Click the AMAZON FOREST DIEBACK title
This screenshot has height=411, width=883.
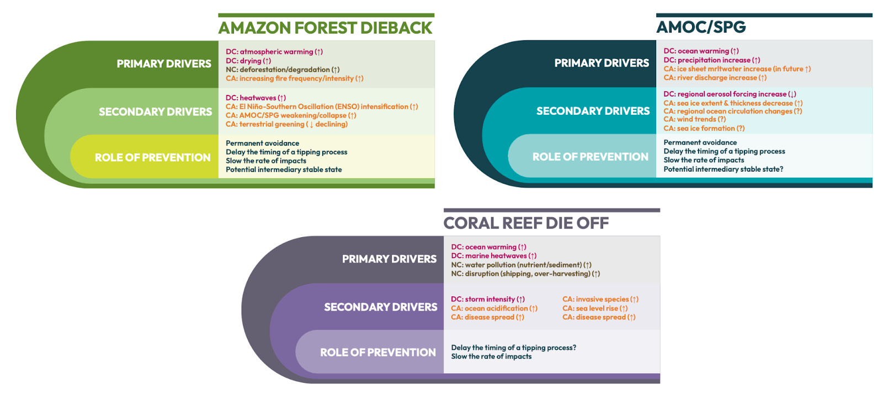tap(325, 28)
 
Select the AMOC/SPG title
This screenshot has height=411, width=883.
tap(701, 27)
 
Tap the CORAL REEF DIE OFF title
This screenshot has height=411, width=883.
tap(526, 223)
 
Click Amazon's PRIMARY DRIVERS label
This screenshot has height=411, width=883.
tap(164, 64)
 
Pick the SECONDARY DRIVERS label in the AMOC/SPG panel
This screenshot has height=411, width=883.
tap(593, 111)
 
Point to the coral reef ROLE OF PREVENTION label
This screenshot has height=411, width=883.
tap(378, 352)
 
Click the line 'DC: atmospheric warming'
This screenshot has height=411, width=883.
tap(274, 52)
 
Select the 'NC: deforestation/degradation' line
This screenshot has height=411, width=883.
tap(283, 70)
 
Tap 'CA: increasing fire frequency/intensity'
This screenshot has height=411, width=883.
tap(294, 78)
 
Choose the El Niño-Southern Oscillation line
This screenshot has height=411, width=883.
tap(322, 106)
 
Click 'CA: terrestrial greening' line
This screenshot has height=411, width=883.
tap(286, 124)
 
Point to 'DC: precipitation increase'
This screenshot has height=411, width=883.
tap(711, 60)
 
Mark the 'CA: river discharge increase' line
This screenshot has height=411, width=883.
tap(715, 78)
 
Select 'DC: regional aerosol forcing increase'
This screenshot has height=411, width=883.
tap(730, 94)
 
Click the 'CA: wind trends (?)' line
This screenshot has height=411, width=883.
tap(694, 119)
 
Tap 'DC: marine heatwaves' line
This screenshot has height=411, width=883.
tap(493, 256)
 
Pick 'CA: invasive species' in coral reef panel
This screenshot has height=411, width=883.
tap(600, 300)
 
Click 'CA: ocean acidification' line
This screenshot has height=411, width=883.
tap(494, 308)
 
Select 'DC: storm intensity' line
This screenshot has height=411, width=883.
tap(488, 300)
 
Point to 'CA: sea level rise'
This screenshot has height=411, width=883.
tap(595, 308)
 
